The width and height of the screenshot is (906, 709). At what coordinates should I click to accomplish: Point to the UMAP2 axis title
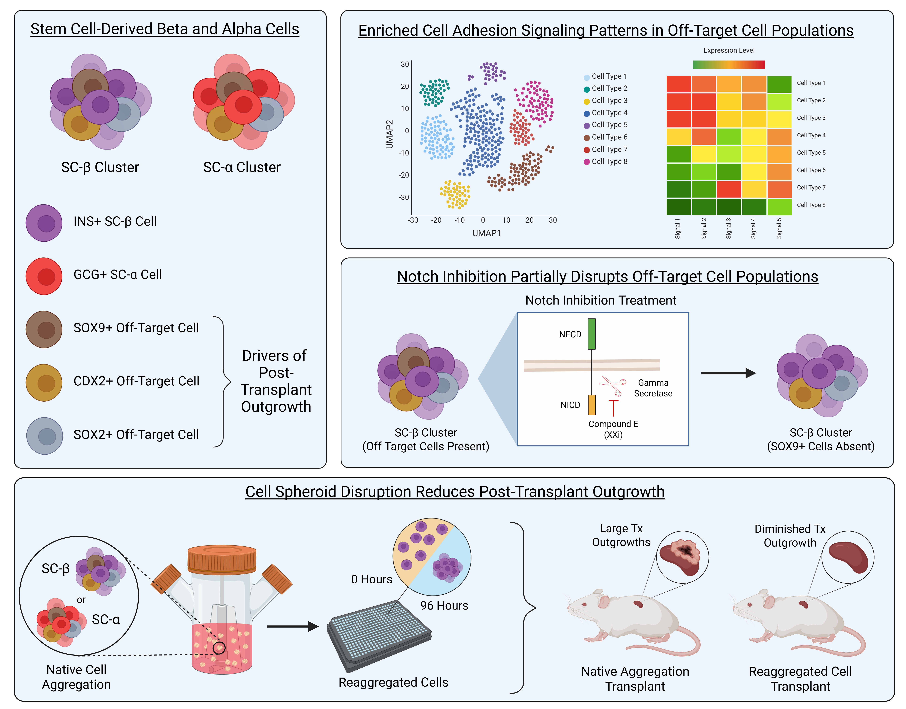point(389,134)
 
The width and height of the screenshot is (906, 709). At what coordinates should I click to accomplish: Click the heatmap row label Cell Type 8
point(811,205)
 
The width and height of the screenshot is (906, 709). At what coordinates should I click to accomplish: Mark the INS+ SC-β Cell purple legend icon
point(44,223)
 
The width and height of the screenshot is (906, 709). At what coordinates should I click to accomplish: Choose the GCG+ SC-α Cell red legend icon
point(44,276)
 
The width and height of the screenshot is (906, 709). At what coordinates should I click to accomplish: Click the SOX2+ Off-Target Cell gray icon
point(44,436)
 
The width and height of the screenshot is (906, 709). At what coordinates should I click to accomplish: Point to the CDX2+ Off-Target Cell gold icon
point(44,383)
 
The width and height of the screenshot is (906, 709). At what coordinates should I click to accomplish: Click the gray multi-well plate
point(379,636)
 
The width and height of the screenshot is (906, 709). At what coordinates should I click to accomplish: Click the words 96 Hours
point(444,606)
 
